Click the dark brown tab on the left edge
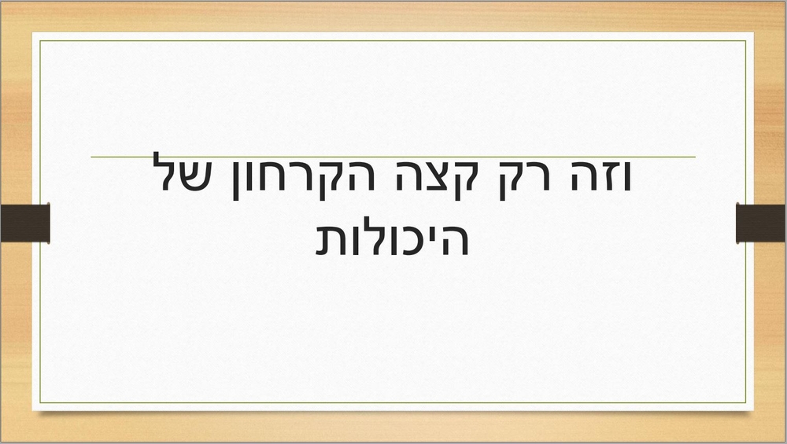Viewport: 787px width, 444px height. coord(25,223)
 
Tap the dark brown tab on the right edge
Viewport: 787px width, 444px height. coord(761,223)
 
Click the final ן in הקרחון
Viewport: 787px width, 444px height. coord(237,181)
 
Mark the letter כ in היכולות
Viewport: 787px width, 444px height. coord(414,241)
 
